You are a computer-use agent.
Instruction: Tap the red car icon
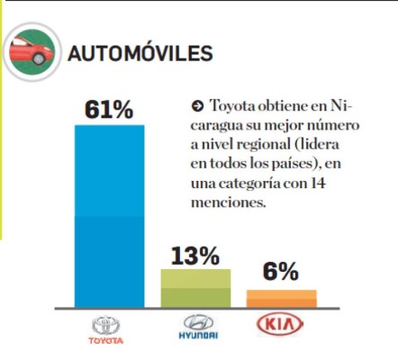(32, 52)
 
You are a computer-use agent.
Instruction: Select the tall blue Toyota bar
(109, 216)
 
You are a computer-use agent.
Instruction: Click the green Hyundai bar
(195, 288)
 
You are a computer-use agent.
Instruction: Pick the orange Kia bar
(282, 298)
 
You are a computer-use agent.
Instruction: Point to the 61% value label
(109, 110)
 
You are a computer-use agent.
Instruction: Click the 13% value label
(195, 255)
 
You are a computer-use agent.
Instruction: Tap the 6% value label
(281, 273)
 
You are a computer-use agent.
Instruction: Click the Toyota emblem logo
(109, 324)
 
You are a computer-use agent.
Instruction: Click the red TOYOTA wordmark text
(109, 341)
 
